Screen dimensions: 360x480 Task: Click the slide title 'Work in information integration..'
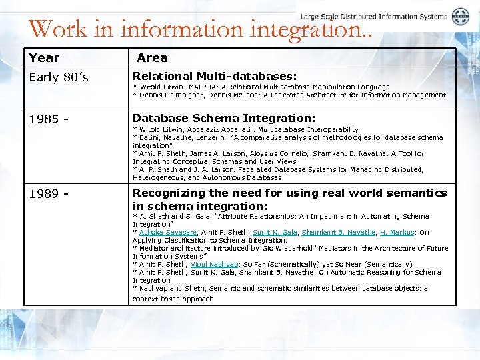coord(199,29)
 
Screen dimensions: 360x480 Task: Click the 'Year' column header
coord(44,58)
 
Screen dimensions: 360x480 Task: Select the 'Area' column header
coord(152,58)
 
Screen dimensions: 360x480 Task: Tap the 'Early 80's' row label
coord(59,77)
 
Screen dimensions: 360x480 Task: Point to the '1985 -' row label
coord(49,119)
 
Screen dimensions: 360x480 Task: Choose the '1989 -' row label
coord(49,193)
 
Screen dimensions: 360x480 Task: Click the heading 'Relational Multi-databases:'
coord(215,77)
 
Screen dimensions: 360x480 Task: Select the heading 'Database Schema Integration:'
coord(224,118)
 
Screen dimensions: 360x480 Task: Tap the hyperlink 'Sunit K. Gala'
coord(275,233)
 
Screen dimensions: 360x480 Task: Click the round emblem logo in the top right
coord(461,17)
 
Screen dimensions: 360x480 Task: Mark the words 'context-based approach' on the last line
coord(173,299)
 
